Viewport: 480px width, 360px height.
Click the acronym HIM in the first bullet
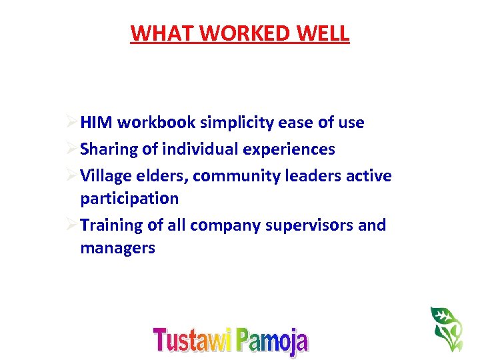point(95,123)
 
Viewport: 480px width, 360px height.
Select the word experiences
point(289,150)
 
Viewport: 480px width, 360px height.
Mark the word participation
point(129,199)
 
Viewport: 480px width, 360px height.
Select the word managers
point(117,248)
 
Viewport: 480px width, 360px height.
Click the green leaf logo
point(446,328)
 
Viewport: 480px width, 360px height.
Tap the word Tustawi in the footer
point(193,339)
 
